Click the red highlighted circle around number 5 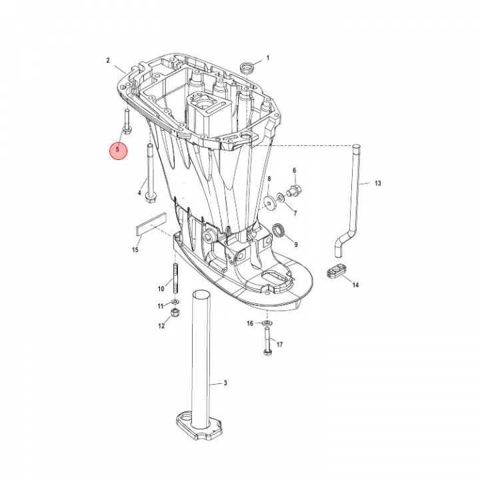pos(117,150)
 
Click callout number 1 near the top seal pos(268,59)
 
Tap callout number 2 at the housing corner pos(107,61)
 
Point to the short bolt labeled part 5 pos(126,120)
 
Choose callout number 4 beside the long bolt pos(139,193)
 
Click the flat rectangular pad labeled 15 pos(151,223)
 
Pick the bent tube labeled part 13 pos(357,200)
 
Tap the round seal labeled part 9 pos(281,231)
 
